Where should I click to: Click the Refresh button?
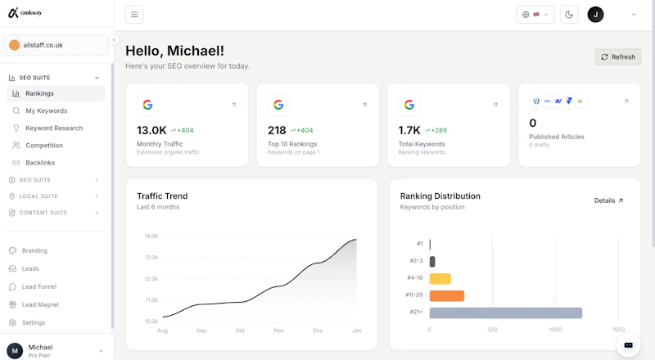(618, 56)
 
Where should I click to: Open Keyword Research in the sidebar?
(54, 128)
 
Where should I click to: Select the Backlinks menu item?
(40, 163)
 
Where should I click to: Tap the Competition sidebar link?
(44, 146)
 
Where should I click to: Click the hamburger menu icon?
(134, 15)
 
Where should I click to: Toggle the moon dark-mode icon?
(569, 15)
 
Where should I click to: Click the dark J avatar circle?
(595, 15)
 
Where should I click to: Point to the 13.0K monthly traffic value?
(151, 130)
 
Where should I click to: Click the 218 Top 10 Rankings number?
(277, 130)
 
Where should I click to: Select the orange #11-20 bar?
(446, 295)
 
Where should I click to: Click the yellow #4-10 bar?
(440, 278)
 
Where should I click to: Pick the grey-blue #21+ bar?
(505, 313)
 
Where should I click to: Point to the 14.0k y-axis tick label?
(151, 236)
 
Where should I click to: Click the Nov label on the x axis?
(278, 331)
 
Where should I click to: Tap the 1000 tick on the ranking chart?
(555, 330)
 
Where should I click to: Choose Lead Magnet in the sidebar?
(40, 305)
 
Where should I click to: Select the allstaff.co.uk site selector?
(56, 45)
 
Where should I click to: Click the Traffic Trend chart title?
(162, 196)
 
